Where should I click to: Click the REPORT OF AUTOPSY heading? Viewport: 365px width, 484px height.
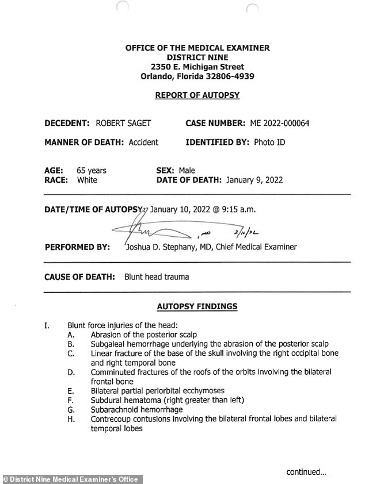pyautogui.click(x=197, y=95)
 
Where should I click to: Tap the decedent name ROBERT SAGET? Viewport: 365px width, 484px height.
pyautogui.click(x=123, y=123)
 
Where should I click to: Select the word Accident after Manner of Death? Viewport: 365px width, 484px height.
pyautogui.click(x=143, y=142)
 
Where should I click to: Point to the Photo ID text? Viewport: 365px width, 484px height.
pyautogui.click(x=269, y=142)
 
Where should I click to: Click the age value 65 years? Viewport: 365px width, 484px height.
pyautogui.click(x=92, y=170)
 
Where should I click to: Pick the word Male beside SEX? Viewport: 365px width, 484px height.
pyautogui.click(x=187, y=170)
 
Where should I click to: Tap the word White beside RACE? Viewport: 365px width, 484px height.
pyautogui.click(x=87, y=180)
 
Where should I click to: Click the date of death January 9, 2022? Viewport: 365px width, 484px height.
pyautogui.click(x=254, y=180)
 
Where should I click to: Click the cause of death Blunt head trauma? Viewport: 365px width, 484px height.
pyautogui.click(x=157, y=276)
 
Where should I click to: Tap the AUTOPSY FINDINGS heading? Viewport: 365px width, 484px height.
pyautogui.click(x=197, y=306)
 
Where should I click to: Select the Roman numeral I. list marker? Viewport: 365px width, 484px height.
pyautogui.click(x=47, y=325)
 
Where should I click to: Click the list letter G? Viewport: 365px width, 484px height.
pyautogui.click(x=70, y=410)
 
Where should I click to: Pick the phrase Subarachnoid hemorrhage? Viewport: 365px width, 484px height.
pyautogui.click(x=136, y=410)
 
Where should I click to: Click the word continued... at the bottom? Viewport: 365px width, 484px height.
pyautogui.click(x=306, y=472)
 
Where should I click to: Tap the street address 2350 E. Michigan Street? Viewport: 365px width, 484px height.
pyautogui.click(x=197, y=67)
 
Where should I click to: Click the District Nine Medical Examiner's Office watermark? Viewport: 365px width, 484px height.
pyautogui.click(x=71, y=479)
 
